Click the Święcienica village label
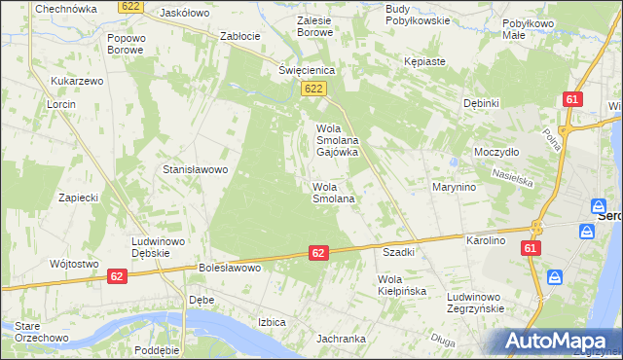point(307,70)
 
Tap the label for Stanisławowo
point(195,169)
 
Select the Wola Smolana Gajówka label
point(338,140)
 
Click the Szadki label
point(399,252)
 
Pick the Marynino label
point(454,187)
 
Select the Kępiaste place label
point(424,61)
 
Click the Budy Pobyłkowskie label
point(417,14)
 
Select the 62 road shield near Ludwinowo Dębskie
point(117,276)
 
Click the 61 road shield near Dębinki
point(572,99)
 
